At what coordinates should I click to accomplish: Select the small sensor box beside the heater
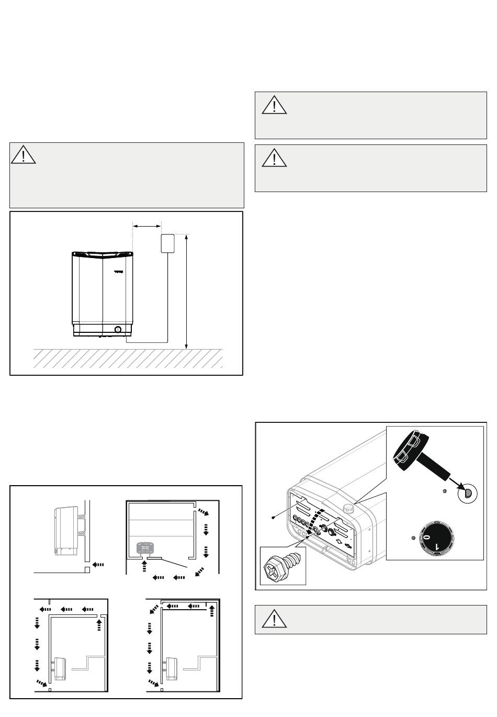click(x=167, y=243)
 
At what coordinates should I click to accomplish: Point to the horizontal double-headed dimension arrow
click(x=146, y=226)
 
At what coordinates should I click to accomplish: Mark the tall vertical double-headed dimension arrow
click(x=187, y=291)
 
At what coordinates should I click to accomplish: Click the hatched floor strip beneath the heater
click(x=128, y=358)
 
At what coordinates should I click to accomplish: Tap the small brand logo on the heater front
click(x=119, y=272)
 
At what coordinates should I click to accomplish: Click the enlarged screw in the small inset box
click(x=283, y=566)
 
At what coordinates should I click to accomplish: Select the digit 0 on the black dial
click(x=427, y=537)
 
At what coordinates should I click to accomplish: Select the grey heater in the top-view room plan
click(x=144, y=548)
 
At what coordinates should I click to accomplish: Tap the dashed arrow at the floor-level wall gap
click(x=98, y=565)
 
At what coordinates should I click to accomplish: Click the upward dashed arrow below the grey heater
click(x=144, y=565)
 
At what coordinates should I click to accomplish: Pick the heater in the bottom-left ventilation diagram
click(x=59, y=668)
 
